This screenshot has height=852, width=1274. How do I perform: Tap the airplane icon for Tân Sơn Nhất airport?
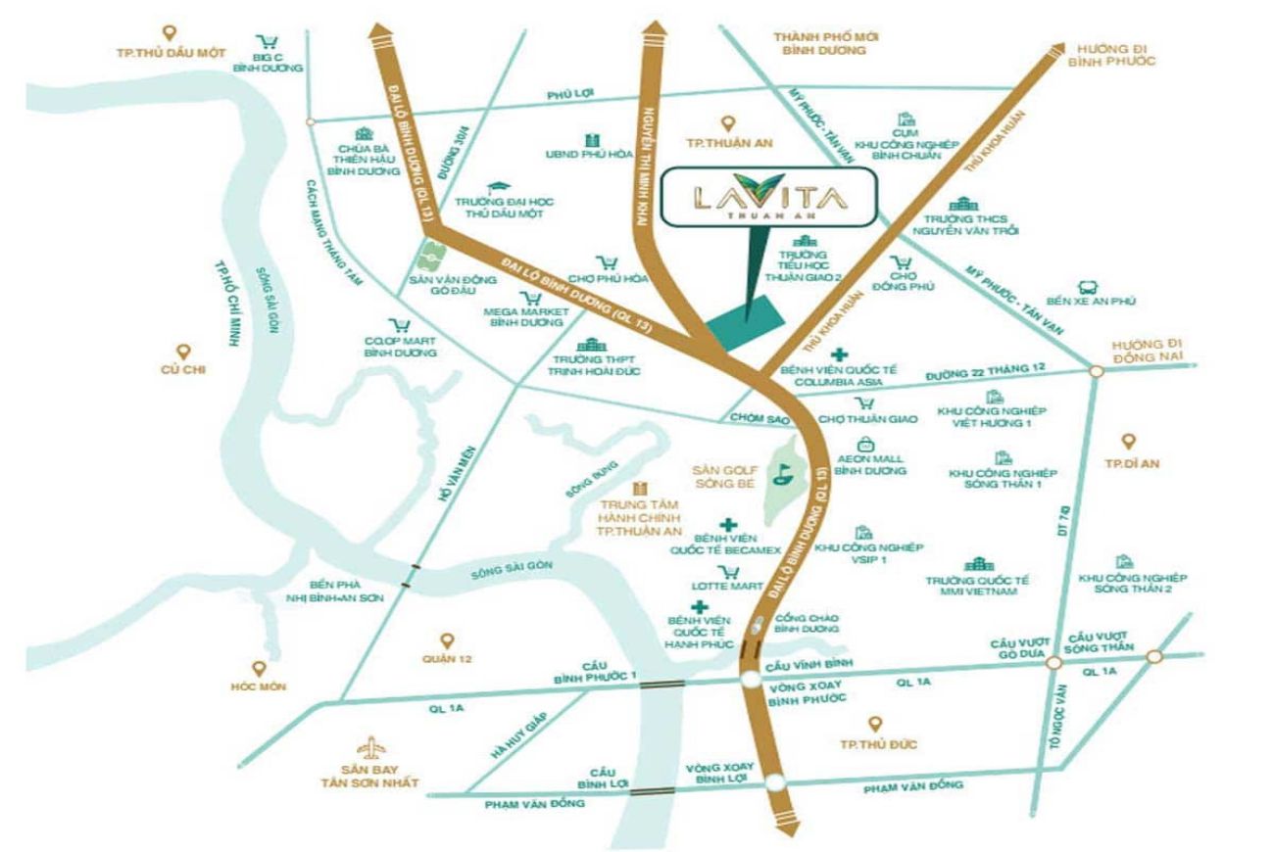point(371,749)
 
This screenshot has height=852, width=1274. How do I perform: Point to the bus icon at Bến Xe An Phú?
point(1087,288)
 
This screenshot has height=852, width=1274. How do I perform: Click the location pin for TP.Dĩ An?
point(1129,442)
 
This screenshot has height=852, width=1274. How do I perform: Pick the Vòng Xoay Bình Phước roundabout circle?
point(751,682)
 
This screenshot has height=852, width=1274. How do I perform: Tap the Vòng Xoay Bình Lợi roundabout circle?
point(776,782)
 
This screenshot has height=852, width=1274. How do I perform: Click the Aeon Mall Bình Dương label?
point(871,464)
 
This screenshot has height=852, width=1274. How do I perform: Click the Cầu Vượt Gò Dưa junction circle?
point(1053,663)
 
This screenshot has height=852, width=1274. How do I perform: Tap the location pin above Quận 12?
point(447,640)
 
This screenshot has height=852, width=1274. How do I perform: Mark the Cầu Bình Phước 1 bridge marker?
point(663,685)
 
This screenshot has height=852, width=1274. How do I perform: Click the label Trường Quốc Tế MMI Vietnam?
point(978,587)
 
